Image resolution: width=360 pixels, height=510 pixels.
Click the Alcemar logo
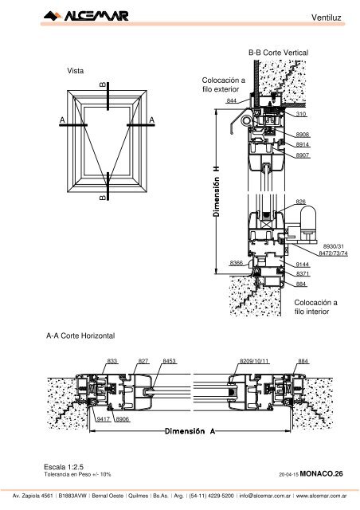pos(86,16)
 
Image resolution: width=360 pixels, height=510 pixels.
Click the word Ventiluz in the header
pos(327,18)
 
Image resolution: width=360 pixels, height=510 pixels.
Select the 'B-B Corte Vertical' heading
pos(279,53)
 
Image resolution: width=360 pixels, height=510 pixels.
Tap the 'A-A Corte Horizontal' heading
pos(80,335)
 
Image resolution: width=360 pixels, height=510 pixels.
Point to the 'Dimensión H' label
pos(217,191)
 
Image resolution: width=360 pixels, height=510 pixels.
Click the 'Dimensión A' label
pos(190,431)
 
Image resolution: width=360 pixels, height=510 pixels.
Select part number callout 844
pos(231,100)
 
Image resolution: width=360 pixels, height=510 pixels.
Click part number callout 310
pos(301,114)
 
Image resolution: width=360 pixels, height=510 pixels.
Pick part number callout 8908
pos(302,135)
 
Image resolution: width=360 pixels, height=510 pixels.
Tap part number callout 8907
pos(302,155)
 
